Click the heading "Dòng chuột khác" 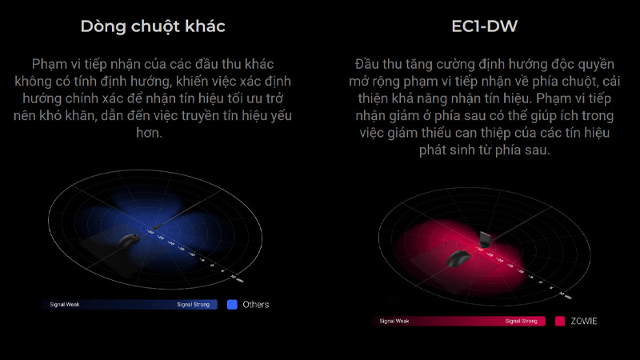coord(153,26)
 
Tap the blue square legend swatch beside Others coord(233,304)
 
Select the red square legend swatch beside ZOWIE coord(560,321)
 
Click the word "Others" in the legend coord(256,304)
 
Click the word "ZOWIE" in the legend coord(584,321)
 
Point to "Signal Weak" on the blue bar coord(64,305)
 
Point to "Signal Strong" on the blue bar coord(195,305)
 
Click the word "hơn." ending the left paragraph coord(153,133)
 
